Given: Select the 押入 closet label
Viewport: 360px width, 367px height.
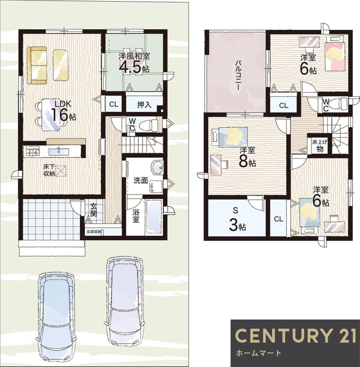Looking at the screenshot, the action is [144, 105].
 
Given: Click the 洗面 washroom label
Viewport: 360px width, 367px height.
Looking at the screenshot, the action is [140, 181].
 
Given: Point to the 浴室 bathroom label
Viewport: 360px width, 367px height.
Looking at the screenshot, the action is [136, 216].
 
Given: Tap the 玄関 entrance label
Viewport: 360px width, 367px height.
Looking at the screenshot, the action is [94, 210].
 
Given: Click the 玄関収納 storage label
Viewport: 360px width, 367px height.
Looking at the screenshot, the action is [94, 232].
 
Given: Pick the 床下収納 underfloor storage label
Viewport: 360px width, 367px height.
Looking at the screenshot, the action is [49, 170].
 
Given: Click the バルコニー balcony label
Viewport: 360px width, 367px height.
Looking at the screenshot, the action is [238, 75].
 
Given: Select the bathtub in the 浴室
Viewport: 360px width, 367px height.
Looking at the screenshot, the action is [154, 217].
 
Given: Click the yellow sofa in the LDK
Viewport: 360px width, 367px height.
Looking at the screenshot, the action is [37, 65].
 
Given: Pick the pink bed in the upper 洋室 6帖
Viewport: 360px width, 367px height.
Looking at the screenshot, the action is [335, 56].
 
